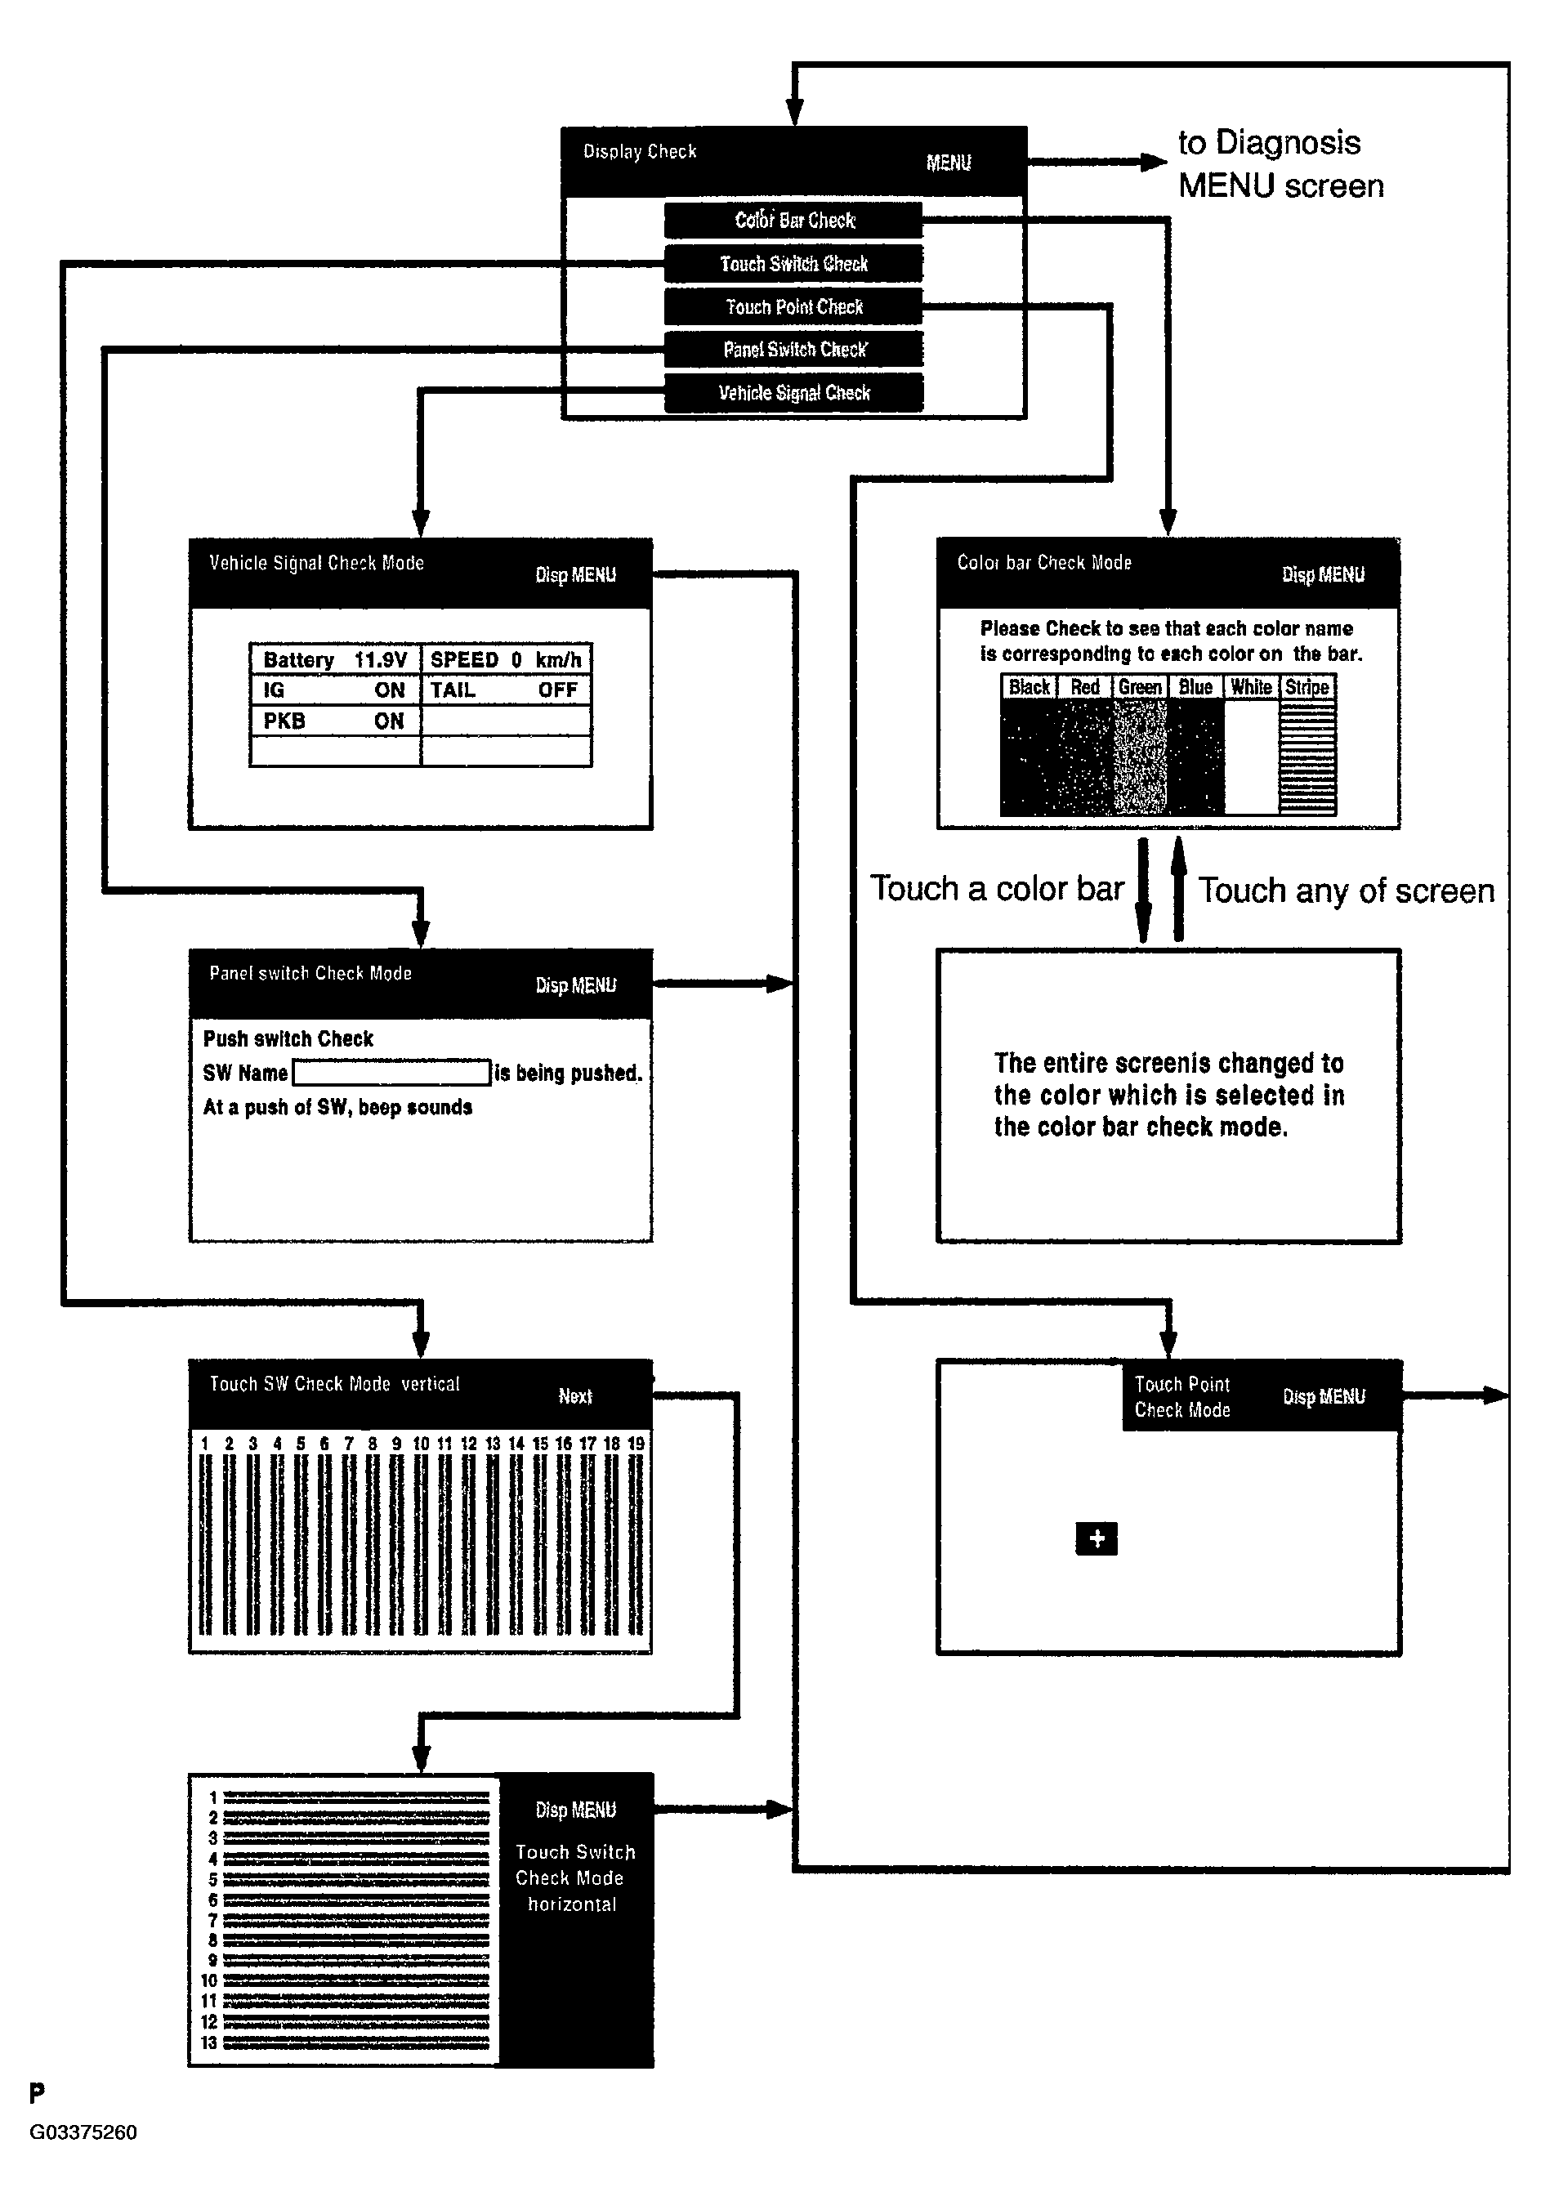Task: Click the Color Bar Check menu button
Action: click(793, 220)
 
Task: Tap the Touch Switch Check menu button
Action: click(793, 264)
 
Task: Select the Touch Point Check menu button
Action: click(793, 306)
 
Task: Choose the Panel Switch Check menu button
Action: click(793, 350)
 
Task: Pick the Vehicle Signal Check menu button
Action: click(793, 393)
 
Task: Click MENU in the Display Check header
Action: click(949, 163)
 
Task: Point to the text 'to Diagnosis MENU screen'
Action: click(1280, 164)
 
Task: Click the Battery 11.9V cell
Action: click(335, 659)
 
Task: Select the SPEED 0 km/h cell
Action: click(505, 659)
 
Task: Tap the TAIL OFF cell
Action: click(505, 690)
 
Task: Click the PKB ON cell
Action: click(335, 721)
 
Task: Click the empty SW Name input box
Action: click(391, 1073)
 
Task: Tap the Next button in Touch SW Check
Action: click(575, 1395)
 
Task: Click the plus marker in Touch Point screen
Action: click(1096, 1538)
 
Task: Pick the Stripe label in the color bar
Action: click(1307, 687)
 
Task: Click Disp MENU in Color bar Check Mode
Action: click(1322, 574)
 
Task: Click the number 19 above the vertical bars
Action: click(635, 1443)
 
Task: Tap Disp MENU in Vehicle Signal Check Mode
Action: click(575, 574)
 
